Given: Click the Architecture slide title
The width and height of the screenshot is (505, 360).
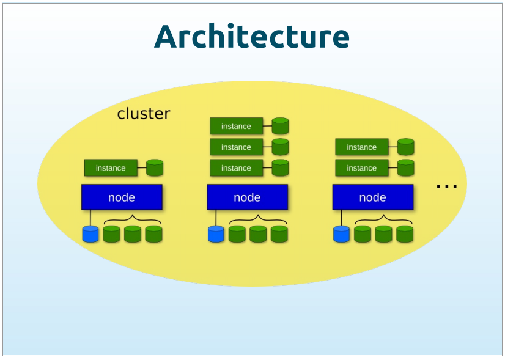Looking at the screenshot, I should coord(252,37).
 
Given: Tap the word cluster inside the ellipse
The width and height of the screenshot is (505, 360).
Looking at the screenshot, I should coord(144,114).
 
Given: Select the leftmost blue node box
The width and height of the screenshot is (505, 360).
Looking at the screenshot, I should coord(122,197).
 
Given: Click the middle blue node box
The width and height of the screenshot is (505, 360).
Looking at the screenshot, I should coord(247,197).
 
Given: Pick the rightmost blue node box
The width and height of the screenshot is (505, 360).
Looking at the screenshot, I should coord(372,197).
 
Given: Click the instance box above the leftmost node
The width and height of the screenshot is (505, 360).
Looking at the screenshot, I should coord(111,168).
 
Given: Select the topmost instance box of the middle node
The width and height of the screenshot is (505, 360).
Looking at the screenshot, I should coord(236,127).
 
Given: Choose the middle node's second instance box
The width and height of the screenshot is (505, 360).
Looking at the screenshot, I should coord(236,147).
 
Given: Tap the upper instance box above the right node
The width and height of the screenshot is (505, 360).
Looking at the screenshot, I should coord(361,147).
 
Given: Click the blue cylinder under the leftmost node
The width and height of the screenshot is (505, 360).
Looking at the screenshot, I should coord(90,234).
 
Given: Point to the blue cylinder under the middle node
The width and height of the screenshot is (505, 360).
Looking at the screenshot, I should coord(216,234).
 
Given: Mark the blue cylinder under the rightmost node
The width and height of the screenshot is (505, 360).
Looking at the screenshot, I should coord(341,234).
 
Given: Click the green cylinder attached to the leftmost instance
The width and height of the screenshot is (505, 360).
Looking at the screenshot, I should coord(155,168).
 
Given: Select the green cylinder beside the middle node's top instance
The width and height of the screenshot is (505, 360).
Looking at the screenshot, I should coord(280,127).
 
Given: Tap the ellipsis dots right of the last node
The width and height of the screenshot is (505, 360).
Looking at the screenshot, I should coord(446,186).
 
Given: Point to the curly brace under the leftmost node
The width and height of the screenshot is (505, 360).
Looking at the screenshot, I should coord(133,219).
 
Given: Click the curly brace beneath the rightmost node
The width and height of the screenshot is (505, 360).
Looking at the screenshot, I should coord(383,219).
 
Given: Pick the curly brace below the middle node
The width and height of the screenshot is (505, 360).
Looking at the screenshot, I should coord(258,219).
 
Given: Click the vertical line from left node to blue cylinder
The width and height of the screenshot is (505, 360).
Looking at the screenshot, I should coord(90,218).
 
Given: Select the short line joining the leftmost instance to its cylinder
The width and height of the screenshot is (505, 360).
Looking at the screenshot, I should coord(142,168).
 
